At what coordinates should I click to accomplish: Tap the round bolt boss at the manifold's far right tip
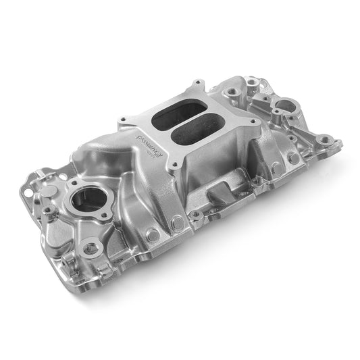pyautogui.click(x=326, y=140)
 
